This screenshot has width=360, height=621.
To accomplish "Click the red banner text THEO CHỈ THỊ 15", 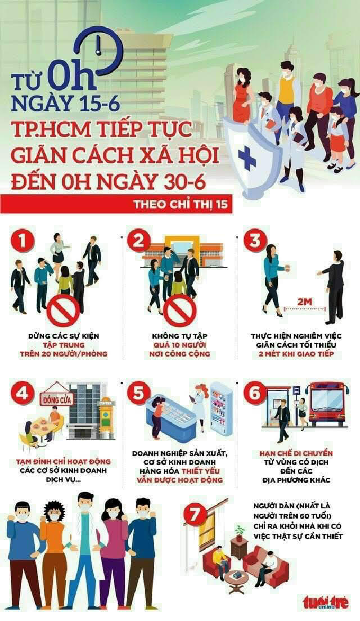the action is click(x=181, y=204).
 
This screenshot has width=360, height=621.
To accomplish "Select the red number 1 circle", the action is click(x=22, y=240).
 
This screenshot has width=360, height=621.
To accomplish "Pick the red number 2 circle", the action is click(x=138, y=240).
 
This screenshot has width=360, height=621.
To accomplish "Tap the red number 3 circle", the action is click(x=255, y=240).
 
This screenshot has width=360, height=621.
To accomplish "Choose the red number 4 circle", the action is click(x=22, y=393).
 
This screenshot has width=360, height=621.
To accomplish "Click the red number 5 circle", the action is click(x=138, y=393).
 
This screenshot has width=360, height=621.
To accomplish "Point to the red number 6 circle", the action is click(x=255, y=393).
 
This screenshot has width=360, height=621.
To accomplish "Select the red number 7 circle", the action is click(x=195, y=515).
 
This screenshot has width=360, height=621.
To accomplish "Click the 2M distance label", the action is click(x=304, y=302).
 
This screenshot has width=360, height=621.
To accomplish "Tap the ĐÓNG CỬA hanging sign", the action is click(x=57, y=399).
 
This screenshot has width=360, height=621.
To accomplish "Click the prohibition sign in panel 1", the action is click(x=63, y=311).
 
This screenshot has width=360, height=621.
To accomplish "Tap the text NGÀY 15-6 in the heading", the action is click(x=65, y=102).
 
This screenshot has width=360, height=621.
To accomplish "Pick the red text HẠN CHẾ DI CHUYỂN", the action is click(x=296, y=453).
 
